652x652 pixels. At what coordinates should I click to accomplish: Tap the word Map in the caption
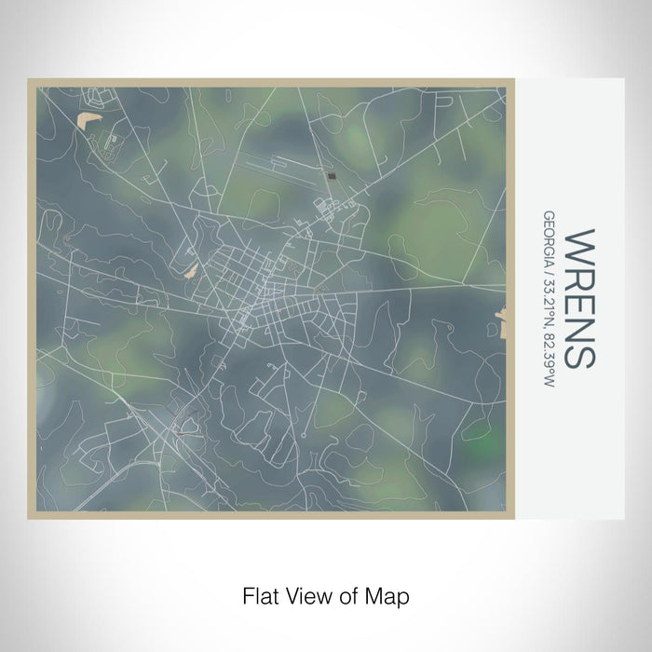pyautogui.click(x=390, y=594)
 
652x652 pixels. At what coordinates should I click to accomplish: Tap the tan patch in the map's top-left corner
pyautogui.click(x=88, y=120)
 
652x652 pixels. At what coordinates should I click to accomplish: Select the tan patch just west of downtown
pyautogui.click(x=191, y=270)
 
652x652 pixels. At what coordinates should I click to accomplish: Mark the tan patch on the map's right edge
pyautogui.click(x=502, y=322)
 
